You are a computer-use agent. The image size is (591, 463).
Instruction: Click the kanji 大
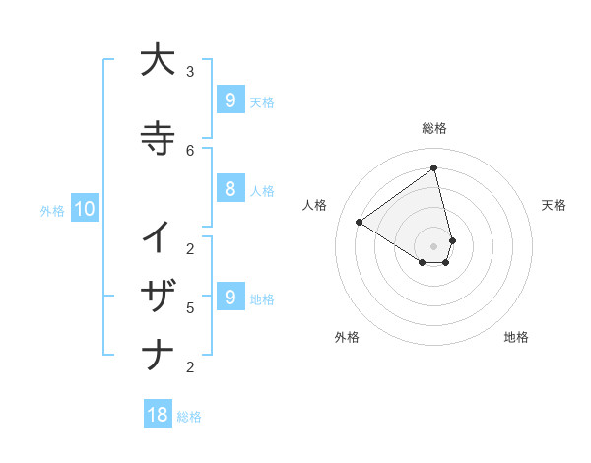click(x=158, y=61)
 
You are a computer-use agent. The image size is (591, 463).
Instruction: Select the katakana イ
click(x=158, y=237)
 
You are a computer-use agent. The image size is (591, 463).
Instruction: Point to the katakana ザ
click(x=158, y=296)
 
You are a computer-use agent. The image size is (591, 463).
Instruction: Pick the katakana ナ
click(x=158, y=354)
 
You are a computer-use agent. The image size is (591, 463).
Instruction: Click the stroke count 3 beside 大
click(x=190, y=71)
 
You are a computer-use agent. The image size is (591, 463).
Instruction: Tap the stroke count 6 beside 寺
click(x=190, y=150)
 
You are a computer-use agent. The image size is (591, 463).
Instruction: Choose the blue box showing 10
click(x=84, y=208)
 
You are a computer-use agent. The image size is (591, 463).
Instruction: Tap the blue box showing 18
click(x=158, y=415)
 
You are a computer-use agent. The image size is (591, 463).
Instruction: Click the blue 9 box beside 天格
click(x=230, y=99)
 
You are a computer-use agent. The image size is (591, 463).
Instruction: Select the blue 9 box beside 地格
click(x=230, y=297)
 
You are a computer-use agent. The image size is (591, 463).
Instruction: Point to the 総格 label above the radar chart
click(x=434, y=128)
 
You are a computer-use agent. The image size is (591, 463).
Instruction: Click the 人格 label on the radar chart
click(x=316, y=205)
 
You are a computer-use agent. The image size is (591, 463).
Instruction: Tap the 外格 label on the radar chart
click(x=347, y=337)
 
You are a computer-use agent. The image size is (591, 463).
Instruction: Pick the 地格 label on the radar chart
click(x=516, y=337)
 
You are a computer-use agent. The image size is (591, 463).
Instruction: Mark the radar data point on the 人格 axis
click(x=360, y=222)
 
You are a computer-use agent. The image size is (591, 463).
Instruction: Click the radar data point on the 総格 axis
click(x=434, y=168)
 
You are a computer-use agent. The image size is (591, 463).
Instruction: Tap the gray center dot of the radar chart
click(x=434, y=245)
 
